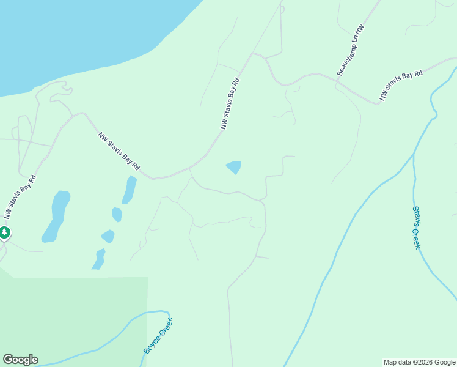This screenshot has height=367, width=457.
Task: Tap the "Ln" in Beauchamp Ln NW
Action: click(x=357, y=39)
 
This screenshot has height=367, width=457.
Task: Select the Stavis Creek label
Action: click(x=417, y=227)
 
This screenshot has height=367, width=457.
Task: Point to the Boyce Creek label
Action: click(x=159, y=335)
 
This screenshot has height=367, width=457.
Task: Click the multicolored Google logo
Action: click(x=20, y=360)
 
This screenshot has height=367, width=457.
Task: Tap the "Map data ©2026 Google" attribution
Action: click(x=420, y=362)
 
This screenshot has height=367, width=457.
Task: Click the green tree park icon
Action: click(x=4, y=232)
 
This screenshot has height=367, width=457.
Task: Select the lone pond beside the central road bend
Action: click(x=234, y=166)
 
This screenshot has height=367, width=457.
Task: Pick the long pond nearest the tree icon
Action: click(x=56, y=216)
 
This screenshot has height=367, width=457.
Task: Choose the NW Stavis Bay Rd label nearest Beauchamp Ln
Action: click(x=400, y=86)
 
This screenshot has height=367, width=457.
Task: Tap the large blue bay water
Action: click(x=79, y=37)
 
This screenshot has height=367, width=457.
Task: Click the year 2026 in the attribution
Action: click(x=423, y=362)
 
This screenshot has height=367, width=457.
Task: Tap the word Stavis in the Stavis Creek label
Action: click(x=415, y=218)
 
